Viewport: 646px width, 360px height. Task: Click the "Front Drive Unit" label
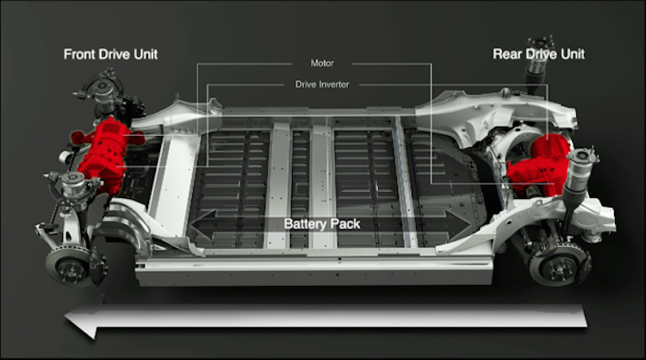pos(110,54)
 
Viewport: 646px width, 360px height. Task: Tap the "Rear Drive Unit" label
pos(539,54)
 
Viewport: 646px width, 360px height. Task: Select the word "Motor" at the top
pos(322,64)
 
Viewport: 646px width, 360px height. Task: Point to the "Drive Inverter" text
pos(322,84)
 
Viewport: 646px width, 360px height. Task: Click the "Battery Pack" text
pos(322,224)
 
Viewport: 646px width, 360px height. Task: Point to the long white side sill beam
pos(314,270)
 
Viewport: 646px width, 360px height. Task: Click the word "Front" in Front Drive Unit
pos(78,54)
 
